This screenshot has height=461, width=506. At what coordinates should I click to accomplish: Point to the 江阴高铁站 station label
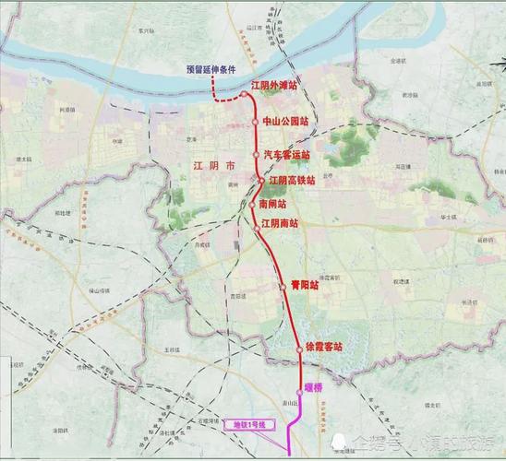[x=292, y=181]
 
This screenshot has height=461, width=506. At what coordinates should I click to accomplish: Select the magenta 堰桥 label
[x=316, y=388]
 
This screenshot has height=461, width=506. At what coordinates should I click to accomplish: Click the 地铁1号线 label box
[x=248, y=425]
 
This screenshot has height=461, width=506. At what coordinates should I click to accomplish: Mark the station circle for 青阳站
[x=283, y=287]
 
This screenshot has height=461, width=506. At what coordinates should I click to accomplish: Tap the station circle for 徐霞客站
[x=300, y=348]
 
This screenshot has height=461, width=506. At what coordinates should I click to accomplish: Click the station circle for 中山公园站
[x=258, y=121]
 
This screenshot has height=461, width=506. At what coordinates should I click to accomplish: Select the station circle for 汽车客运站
[x=256, y=155]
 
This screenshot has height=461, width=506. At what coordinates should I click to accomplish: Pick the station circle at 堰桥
[x=300, y=390]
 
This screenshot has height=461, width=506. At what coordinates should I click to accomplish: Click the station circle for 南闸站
[x=252, y=205]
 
